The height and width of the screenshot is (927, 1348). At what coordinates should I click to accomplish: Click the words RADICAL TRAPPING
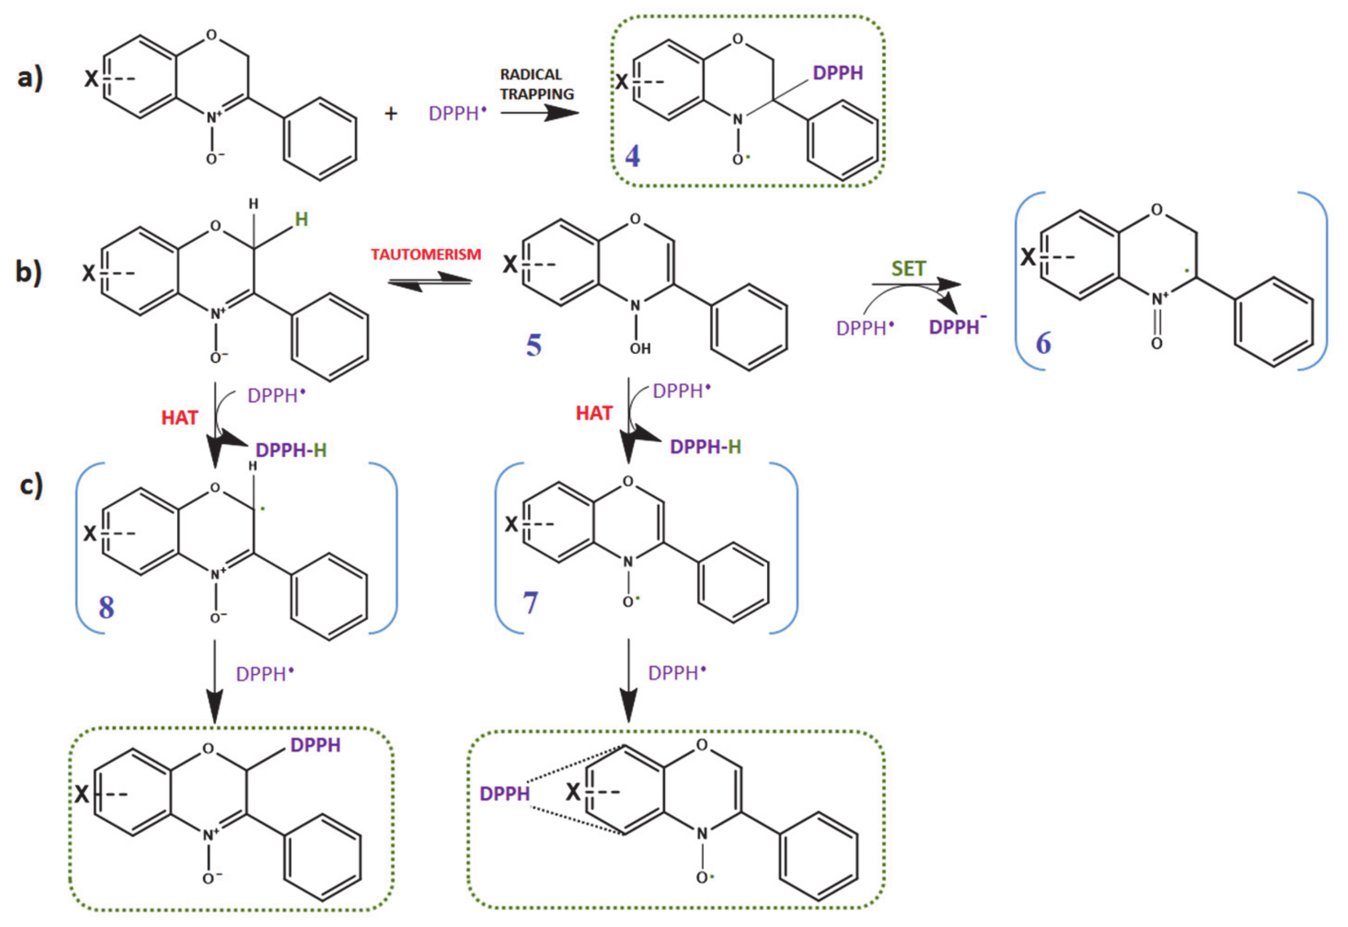(536, 84)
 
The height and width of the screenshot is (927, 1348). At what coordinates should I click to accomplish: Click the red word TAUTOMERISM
(426, 254)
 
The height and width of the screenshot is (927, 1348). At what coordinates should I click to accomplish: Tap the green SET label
(908, 269)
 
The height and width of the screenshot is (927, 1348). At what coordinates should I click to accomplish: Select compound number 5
(534, 345)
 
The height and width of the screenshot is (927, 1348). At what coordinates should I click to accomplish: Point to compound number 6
(1044, 343)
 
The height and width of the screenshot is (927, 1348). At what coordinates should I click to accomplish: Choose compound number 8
(106, 607)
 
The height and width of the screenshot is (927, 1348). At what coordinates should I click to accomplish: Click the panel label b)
(28, 272)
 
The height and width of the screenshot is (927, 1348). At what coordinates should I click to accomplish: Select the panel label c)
(31, 485)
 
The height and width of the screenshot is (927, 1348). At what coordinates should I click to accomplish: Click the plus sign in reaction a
(391, 114)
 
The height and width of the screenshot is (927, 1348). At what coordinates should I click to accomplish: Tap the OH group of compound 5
(640, 349)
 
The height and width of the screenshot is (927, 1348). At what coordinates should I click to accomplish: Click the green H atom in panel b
(301, 220)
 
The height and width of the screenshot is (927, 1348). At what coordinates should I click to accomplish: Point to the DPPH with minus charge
(956, 327)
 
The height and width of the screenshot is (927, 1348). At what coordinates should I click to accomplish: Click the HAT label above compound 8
(180, 418)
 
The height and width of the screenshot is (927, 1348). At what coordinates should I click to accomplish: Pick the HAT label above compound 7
(594, 413)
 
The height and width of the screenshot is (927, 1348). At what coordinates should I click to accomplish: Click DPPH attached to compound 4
(837, 73)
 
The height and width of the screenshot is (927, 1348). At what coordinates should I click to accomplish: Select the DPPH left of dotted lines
(504, 794)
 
